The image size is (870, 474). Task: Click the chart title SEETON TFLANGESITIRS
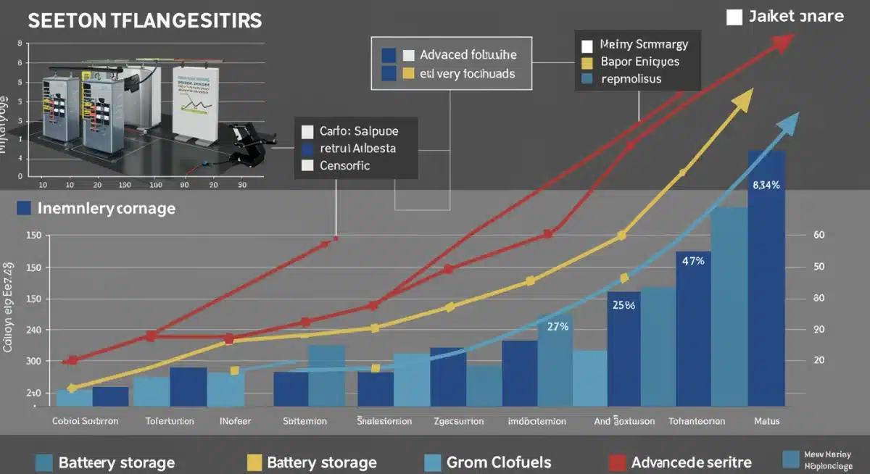pyautogui.click(x=144, y=21)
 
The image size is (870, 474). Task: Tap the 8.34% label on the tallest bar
pyautogui.click(x=766, y=185)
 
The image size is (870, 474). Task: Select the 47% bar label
pyautogui.click(x=693, y=261)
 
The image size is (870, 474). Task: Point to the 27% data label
pyautogui.click(x=557, y=326)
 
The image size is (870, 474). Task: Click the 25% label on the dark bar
pyautogui.click(x=623, y=305)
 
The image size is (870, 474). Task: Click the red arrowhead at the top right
pyautogui.click(x=782, y=43)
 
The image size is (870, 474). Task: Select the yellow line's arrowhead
pyautogui.click(x=742, y=101)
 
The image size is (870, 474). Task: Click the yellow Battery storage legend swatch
pyautogui.click(x=254, y=462)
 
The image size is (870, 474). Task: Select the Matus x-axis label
pyautogui.click(x=766, y=420)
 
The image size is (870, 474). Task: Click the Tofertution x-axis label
pyautogui.click(x=170, y=420)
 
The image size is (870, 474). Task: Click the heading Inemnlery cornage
pyautogui.click(x=106, y=209)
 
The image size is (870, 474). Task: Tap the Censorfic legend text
pyautogui.click(x=344, y=165)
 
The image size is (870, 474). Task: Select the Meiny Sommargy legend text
pyautogui.click(x=645, y=44)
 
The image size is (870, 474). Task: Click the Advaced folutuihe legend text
pyautogui.click(x=468, y=55)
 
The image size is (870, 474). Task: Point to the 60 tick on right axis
pyautogui.click(x=820, y=235)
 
